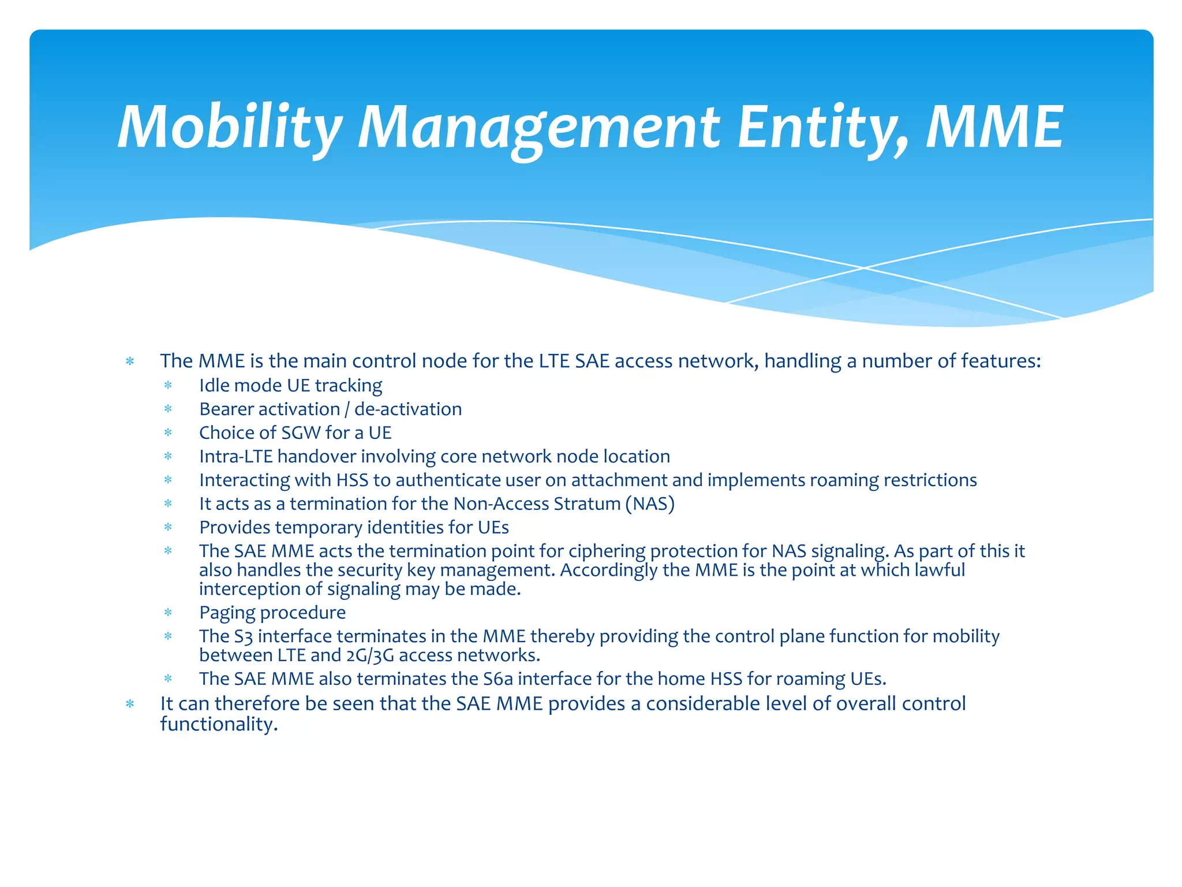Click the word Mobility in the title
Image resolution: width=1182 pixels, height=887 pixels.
[230, 127]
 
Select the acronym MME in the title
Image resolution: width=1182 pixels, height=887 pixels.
[994, 127]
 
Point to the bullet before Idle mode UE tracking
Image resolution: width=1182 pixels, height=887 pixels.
[168, 385]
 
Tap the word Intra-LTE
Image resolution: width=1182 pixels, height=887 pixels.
[235, 456]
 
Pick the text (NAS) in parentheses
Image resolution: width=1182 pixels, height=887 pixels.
[650, 504]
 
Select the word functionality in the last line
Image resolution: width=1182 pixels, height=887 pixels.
[219, 724]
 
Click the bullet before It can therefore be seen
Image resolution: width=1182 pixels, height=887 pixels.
[130, 703]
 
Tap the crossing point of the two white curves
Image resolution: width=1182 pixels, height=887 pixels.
[864, 268]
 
